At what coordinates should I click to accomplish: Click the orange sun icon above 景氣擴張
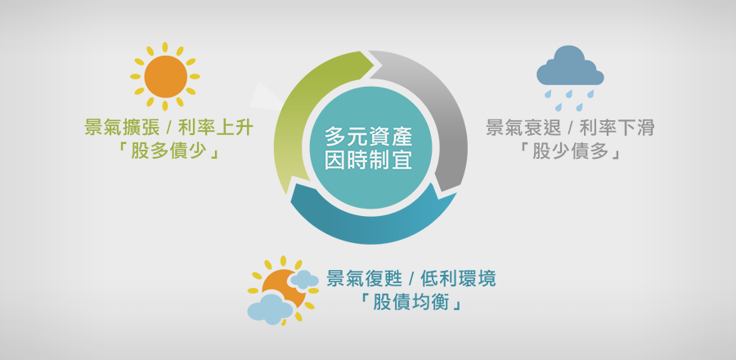tap(165, 77)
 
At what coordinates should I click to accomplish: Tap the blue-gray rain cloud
tap(570, 65)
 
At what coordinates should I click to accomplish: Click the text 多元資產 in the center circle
tap(369, 138)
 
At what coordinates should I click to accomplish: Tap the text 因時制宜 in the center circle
tap(369, 161)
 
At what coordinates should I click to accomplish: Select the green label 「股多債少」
tap(168, 151)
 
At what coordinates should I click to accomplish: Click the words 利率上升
tap(216, 128)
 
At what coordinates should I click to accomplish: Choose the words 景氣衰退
tap(523, 128)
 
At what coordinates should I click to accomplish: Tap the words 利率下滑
tap(617, 128)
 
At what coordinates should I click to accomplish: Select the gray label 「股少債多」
tap(570, 151)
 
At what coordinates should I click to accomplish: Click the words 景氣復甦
tap(365, 280)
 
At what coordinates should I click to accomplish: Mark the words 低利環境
tap(458, 280)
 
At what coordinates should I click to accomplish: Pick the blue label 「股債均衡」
tap(411, 304)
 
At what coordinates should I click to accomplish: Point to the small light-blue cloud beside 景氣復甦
tap(305, 280)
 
